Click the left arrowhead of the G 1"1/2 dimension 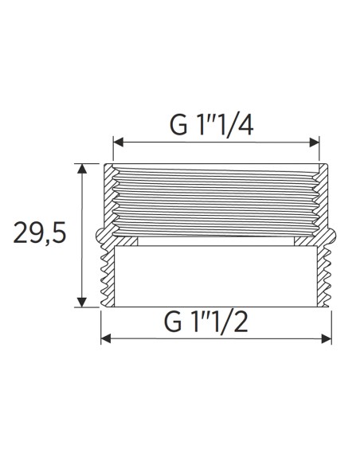tap(104, 339)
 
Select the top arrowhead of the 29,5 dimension tap(81, 167)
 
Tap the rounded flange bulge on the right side tap(335, 236)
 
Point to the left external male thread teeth tap(107, 275)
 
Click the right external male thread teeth tap(327, 275)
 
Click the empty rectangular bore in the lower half tap(217, 275)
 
